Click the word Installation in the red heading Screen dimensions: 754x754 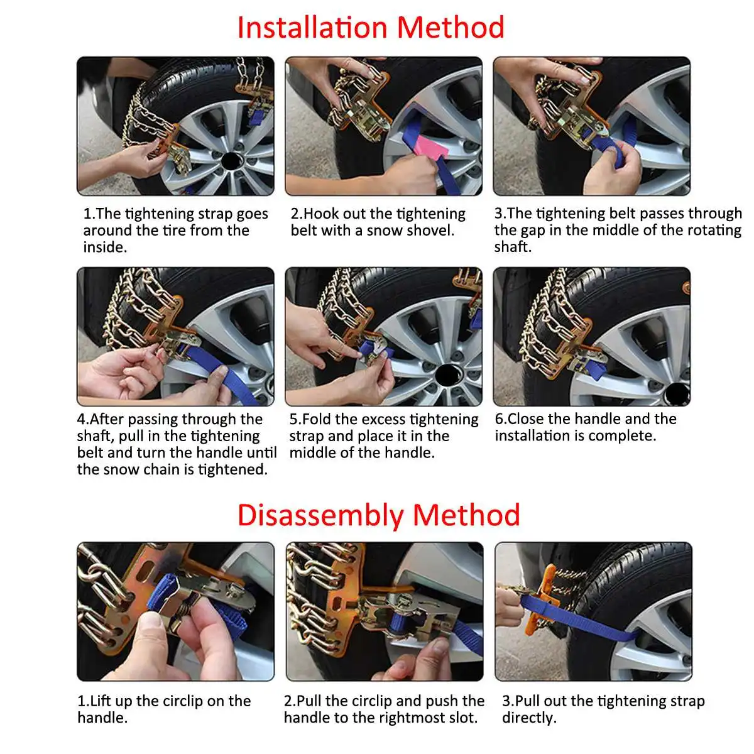point(312,28)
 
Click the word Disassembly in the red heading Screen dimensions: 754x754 point(320,515)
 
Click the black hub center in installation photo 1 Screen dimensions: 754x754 point(232,161)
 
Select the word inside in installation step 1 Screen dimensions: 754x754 point(105,248)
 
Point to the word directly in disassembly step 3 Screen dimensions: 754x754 point(529,718)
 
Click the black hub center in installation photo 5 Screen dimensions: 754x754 point(449,374)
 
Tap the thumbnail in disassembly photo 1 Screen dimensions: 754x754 point(150,623)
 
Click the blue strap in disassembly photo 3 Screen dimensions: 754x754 point(579,618)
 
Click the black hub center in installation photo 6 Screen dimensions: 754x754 point(676,393)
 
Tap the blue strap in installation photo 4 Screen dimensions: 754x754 point(219,372)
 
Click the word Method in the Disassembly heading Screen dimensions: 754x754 point(466,515)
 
